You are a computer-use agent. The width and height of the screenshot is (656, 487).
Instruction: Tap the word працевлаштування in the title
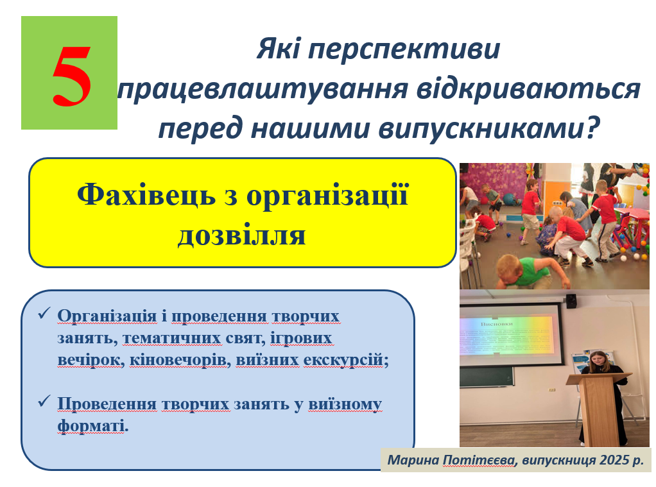pyautogui.click(x=263, y=89)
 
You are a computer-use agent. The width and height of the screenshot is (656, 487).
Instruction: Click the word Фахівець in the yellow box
pyautogui.click(x=146, y=195)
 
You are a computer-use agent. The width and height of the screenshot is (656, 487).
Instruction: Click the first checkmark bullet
pyautogui.click(x=44, y=313)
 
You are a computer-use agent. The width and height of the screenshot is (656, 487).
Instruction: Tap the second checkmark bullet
pyautogui.click(x=44, y=401)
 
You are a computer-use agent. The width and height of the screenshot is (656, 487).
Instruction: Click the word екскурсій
pyautogui.click(x=344, y=360)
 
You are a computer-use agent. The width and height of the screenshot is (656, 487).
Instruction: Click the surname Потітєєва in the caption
pyautogui.click(x=479, y=460)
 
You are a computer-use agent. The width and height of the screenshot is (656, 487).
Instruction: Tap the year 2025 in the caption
pyautogui.click(x=614, y=460)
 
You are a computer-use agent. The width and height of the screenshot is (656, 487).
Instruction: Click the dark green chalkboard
pyautogui.click(x=487, y=377)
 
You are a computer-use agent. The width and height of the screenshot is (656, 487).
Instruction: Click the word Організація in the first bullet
pyautogui.click(x=107, y=316)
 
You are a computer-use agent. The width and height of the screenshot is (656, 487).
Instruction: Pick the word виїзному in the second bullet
pyautogui.click(x=345, y=404)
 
